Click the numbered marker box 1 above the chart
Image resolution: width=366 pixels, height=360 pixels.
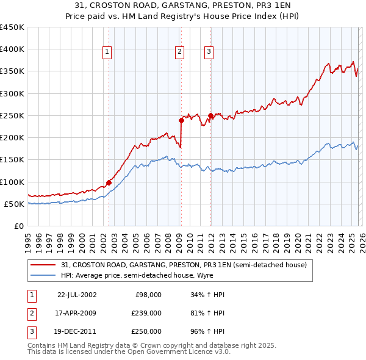point(107,52)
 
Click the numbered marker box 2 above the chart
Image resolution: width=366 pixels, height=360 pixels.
point(180,52)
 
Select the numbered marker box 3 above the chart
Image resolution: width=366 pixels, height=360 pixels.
point(209,52)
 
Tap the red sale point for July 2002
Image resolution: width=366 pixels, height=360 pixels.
point(109,182)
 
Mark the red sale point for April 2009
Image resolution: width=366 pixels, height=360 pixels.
point(181,120)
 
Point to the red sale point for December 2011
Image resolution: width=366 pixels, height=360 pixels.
point(210,115)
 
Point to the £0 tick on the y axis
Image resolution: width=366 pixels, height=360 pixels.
point(20,226)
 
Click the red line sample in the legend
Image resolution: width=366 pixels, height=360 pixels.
point(43,265)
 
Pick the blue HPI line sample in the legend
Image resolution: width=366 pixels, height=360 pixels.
point(43,275)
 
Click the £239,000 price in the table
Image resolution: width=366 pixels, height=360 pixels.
point(146,313)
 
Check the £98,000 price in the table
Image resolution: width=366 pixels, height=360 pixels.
point(149,295)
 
